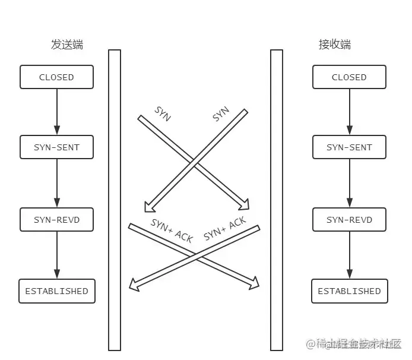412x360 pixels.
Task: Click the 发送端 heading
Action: pos(66,45)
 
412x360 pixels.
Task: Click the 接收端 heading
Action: pos(334,45)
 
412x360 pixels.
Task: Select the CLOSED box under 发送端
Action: pos(57,77)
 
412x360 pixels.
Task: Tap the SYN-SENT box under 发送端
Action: pos(57,147)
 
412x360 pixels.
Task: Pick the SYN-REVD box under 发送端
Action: pos(57,220)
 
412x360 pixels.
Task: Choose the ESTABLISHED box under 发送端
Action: pos(57,291)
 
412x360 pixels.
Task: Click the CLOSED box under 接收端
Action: pos(349,77)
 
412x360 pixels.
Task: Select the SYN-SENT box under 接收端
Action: pos(349,147)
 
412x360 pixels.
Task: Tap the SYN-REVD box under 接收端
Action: pos(349,220)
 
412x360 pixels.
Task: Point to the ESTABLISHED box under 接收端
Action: pos(349,291)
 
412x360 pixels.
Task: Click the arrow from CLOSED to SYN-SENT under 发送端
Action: pos(57,112)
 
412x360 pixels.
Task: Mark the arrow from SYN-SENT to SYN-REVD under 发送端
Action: pos(57,183)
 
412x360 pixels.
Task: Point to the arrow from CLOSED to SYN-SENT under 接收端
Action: pos(349,112)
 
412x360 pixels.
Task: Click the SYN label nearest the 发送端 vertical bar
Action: pos(163,114)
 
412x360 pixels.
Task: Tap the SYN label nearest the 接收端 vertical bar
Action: pos(221,114)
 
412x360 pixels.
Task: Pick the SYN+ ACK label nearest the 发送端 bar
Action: pos(172,230)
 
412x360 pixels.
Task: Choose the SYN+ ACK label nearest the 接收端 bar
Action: pos(224,229)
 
